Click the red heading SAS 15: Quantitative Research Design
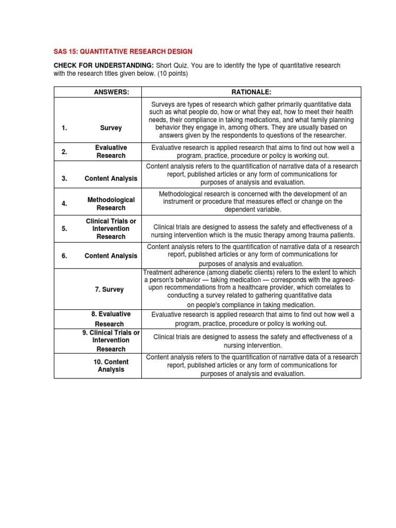pos(123,51)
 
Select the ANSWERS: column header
pos(111,92)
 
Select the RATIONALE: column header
pos(251,92)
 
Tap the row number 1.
pos(64,128)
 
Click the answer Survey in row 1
pos(111,128)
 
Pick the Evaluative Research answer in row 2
pos(111,152)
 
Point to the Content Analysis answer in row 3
pos(111,178)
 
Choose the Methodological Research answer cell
pos(111,204)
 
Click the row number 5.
pos(64,229)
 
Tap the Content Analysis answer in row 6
pos(111,256)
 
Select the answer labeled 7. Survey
pos(109,290)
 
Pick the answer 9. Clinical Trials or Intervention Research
pos(111,341)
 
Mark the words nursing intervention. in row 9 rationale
pos(253,345)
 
